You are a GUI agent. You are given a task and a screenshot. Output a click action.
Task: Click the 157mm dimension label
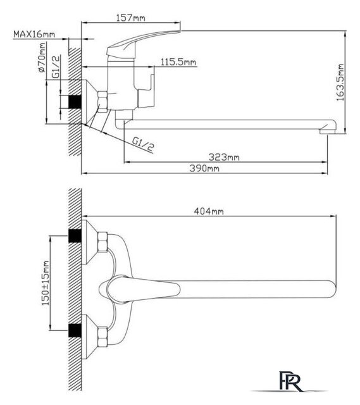click(131, 18)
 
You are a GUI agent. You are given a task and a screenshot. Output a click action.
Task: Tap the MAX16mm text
click(34, 34)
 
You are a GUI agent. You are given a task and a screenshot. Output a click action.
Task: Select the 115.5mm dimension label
click(178, 62)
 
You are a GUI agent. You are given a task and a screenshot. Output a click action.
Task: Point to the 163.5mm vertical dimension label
click(340, 82)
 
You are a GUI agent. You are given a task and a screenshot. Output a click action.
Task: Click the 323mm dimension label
click(224, 157)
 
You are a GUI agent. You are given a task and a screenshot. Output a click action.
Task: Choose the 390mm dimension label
click(204, 168)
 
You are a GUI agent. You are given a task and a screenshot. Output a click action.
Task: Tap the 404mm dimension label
click(209, 211)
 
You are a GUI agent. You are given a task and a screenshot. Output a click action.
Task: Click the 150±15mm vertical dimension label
click(45, 283)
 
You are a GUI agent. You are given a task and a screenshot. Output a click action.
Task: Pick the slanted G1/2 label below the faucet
click(143, 144)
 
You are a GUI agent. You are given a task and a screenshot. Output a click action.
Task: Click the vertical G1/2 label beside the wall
click(56, 66)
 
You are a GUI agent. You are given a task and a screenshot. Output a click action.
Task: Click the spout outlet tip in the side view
click(327, 132)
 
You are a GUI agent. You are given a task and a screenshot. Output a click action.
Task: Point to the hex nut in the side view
click(102, 101)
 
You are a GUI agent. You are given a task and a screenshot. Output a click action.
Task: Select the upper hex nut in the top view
click(102, 242)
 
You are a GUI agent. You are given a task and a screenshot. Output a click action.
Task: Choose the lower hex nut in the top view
click(102, 337)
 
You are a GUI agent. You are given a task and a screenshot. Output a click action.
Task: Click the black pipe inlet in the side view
click(75, 102)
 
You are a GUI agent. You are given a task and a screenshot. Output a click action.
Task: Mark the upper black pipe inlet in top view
click(75, 235)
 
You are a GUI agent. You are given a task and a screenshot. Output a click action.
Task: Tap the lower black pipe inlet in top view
click(75, 330)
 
